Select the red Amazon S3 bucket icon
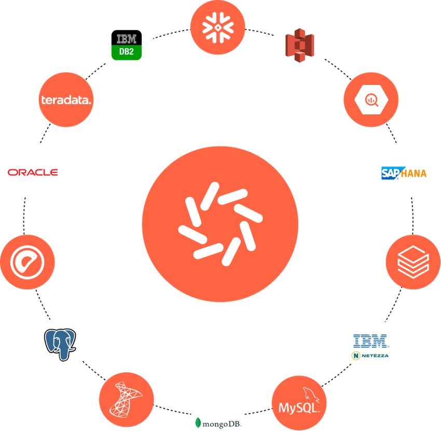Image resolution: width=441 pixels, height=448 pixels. [x=298, y=46]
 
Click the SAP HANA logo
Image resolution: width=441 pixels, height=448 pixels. [x=404, y=172]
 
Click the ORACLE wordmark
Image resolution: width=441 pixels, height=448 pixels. [x=33, y=172]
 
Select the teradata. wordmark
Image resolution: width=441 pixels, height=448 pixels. [x=65, y=100]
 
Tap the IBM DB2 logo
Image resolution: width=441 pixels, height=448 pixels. [x=126, y=45]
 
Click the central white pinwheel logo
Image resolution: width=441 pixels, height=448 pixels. [x=220, y=223]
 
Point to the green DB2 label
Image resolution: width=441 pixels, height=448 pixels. [x=126, y=52]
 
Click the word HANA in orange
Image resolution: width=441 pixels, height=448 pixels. [x=414, y=173]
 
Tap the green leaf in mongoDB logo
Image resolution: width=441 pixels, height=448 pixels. [x=198, y=423]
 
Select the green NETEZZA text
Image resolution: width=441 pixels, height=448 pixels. [x=374, y=356]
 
